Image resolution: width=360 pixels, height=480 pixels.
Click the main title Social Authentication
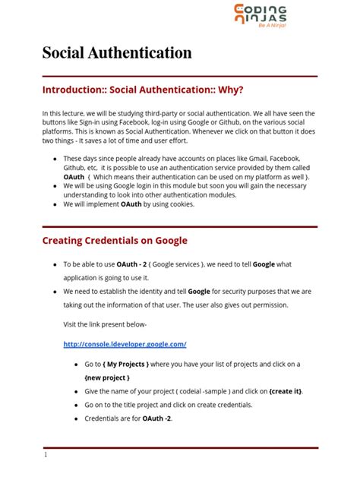(116, 52)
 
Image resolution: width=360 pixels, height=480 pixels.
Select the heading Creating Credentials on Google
(115, 241)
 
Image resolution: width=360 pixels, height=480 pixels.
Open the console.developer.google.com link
(125, 344)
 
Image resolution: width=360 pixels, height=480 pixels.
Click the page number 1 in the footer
(46, 455)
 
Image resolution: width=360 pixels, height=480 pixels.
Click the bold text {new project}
(107, 377)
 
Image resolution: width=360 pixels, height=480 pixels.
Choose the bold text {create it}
(286, 390)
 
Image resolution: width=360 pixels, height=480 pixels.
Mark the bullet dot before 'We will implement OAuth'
(54, 204)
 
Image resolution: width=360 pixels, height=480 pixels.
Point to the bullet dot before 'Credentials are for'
(75, 418)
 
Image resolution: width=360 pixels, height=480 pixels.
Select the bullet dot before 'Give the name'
(75, 390)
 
